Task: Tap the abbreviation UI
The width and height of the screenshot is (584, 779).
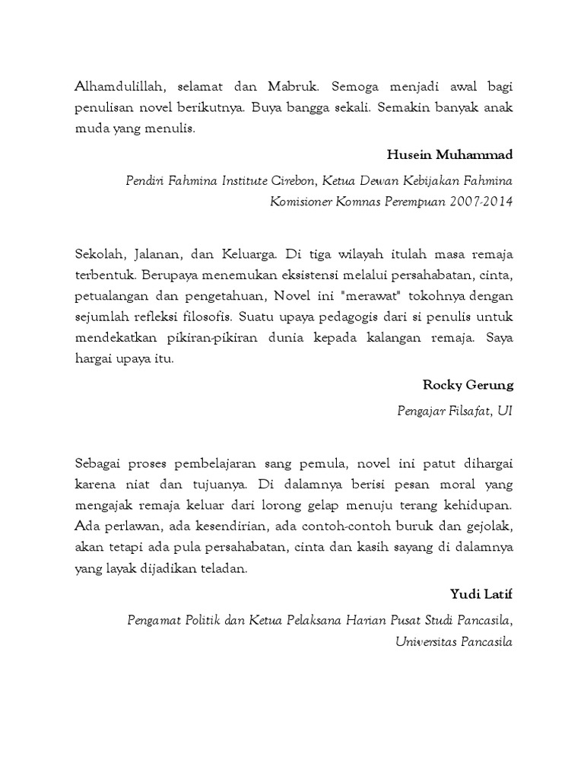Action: (x=504, y=411)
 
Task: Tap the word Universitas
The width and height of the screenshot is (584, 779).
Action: (x=427, y=641)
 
